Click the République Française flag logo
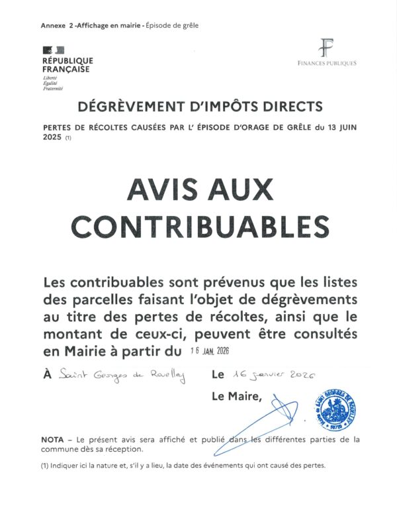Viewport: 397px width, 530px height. [x=54, y=50]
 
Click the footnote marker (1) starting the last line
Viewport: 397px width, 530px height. [x=46, y=466]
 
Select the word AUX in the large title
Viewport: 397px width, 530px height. [x=236, y=191]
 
